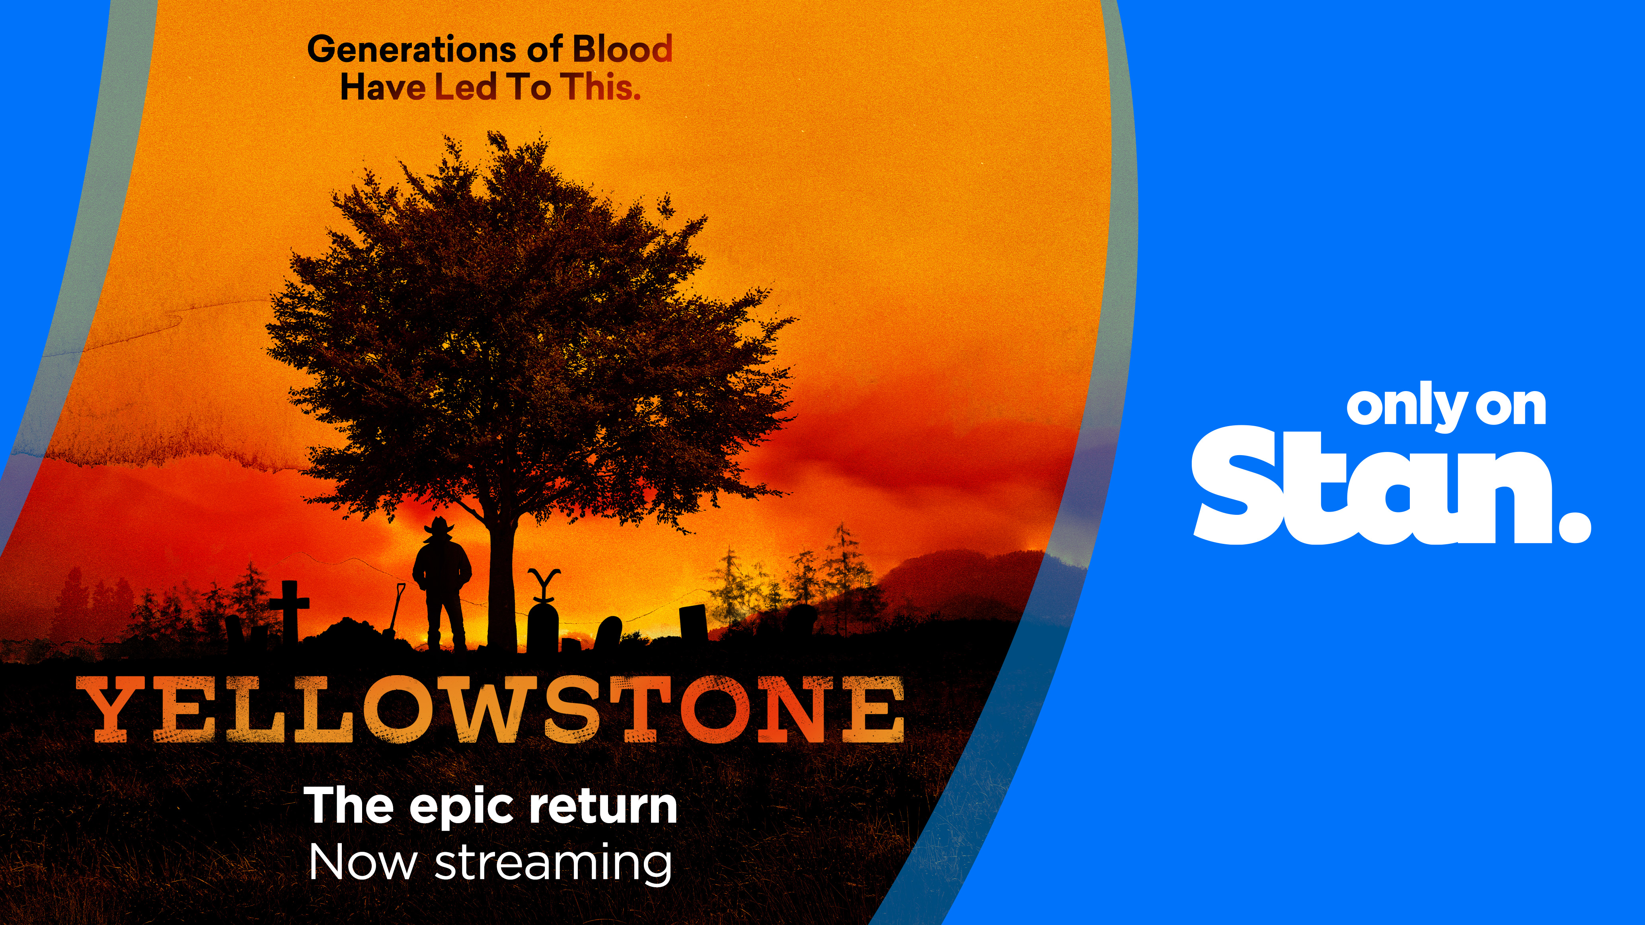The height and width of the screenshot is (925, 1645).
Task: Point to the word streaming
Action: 553,864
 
